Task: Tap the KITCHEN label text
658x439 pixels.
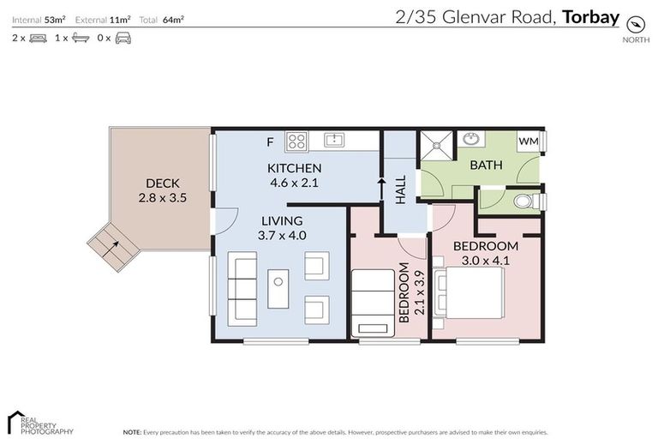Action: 294,168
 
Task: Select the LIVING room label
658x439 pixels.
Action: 283,221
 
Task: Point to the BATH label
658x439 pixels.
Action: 485,165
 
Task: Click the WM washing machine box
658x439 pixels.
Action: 529,141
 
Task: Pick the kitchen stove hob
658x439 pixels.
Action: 296,140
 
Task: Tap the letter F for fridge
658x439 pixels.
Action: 269,141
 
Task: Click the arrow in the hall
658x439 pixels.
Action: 380,189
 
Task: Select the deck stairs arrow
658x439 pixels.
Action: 111,248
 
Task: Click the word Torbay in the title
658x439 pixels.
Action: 590,16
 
